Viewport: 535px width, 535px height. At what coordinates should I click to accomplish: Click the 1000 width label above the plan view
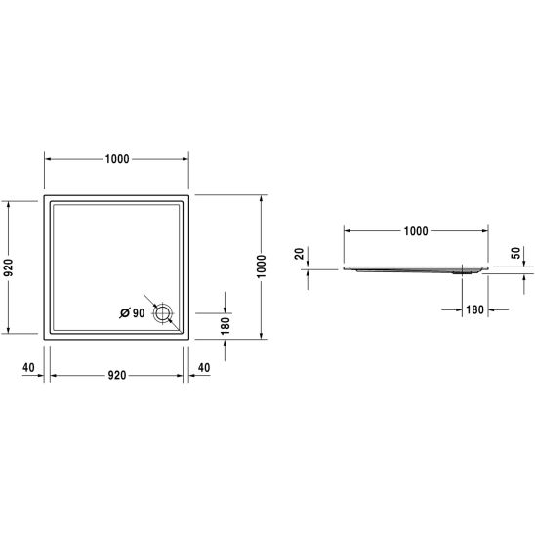pos(117,159)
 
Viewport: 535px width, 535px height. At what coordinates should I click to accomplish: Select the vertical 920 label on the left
pos(8,267)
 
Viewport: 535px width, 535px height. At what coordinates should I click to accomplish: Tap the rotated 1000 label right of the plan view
pos(261,267)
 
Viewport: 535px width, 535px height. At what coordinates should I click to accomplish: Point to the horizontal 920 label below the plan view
pos(117,375)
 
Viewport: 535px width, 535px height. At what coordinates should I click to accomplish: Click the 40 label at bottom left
pos(28,367)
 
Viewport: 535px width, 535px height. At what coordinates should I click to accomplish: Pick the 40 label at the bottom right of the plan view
pos(204,367)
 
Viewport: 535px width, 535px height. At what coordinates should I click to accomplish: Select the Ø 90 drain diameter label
pos(132,312)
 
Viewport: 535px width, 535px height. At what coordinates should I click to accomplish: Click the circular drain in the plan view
pos(163,313)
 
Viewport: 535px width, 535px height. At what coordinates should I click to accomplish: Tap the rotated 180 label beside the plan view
pos(226,326)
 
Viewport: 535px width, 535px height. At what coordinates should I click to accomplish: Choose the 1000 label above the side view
pos(416,231)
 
